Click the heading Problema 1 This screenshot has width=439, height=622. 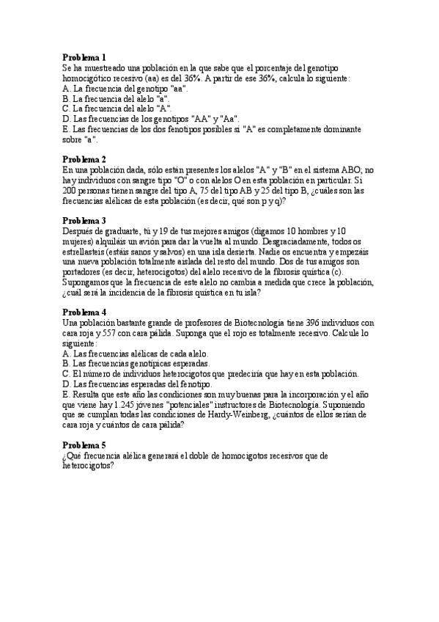[84, 57]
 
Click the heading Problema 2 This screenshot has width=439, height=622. [84, 159]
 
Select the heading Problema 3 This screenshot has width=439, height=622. [84, 220]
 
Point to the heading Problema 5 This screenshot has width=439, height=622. [84, 445]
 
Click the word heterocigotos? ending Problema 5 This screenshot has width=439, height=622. [89, 466]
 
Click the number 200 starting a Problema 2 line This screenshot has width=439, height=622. [70, 190]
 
